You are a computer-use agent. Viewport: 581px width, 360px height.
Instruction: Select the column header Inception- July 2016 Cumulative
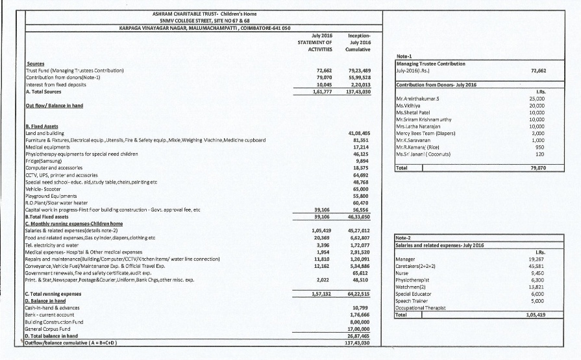(359, 42)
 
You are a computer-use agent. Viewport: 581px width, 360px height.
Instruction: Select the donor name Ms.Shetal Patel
(414, 115)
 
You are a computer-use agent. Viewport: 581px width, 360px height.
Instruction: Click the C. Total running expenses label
(53, 294)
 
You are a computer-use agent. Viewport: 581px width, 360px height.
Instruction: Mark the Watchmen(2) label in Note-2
(411, 286)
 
